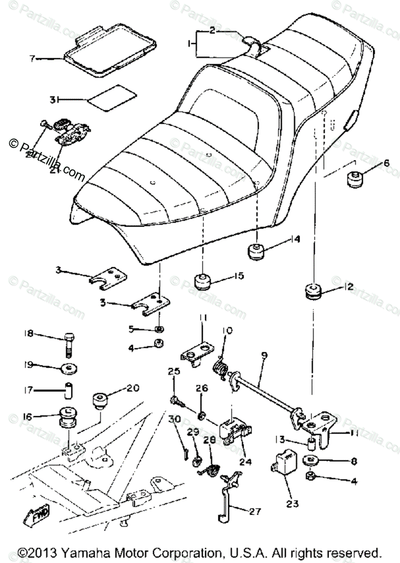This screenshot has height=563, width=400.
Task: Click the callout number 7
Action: pos(32,59)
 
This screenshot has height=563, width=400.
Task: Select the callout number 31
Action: pos(54,99)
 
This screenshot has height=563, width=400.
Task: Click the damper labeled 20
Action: pos(99,401)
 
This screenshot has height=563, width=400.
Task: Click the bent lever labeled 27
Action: pos(228,497)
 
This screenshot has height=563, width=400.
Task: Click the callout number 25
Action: pos(174,371)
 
